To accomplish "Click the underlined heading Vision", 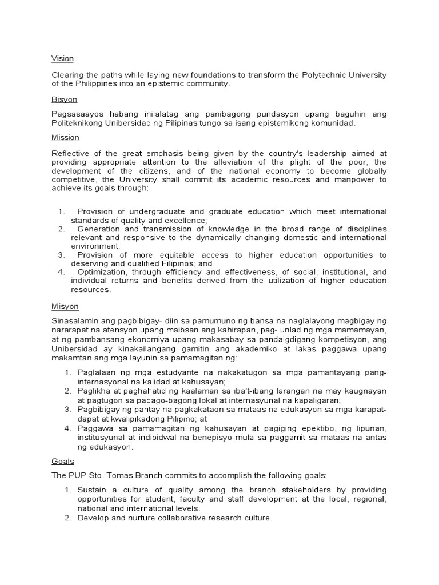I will pyautogui.click(x=62, y=58).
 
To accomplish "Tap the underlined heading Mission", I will pyautogui.click(x=65, y=138).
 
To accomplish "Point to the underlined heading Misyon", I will pyautogui.click(x=65, y=307).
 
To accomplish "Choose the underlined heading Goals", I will pyautogui.click(x=63, y=461).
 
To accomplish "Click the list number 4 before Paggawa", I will pyautogui.click(x=66, y=429).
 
